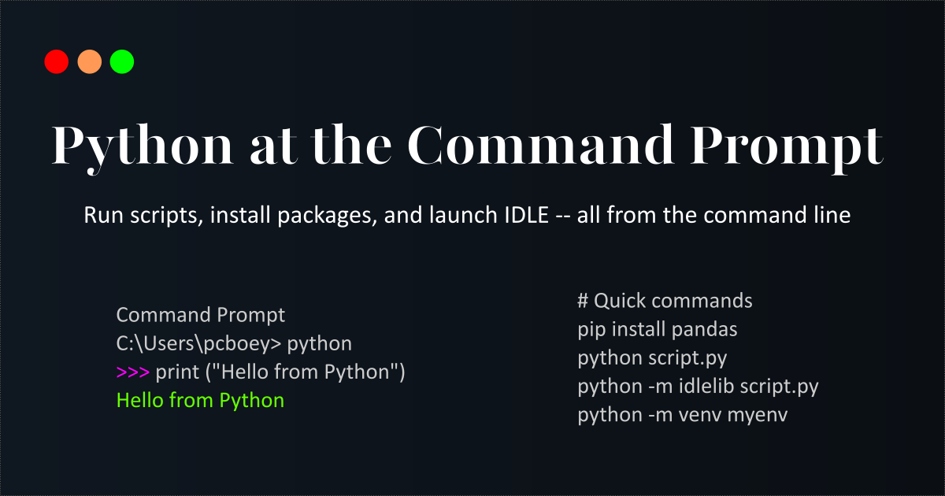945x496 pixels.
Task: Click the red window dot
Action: [x=57, y=61]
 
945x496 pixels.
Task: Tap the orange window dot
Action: [x=90, y=61]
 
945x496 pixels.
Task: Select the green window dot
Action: [x=122, y=61]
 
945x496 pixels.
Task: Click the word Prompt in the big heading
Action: [x=788, y=146]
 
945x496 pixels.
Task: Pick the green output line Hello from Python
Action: [x=200, y=401]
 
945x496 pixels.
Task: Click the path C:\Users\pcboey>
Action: [x=200, y=344]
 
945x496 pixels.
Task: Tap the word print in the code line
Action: [x=178, y=372]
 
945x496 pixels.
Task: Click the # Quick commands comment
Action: [x=665, y=301]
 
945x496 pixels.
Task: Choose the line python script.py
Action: [x=652, y=358]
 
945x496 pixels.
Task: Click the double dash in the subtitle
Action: [x=562, y=216]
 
